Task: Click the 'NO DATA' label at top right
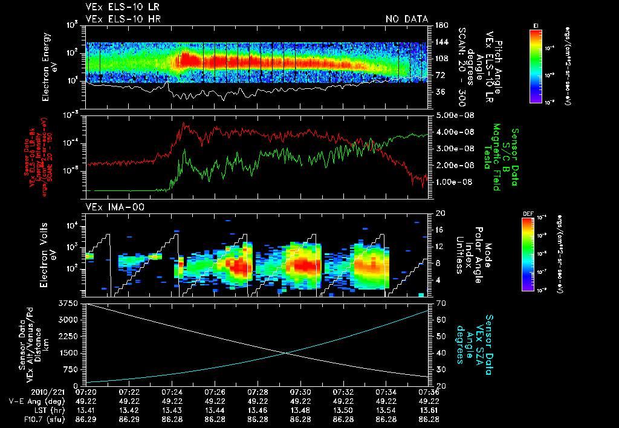[x=407, y=19]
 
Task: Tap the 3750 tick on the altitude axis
[x=68, y=302]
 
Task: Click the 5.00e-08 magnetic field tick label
[x=450, y=115]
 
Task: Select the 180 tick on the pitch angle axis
[x=440, y=25]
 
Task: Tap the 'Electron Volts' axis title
[x=47, y=254]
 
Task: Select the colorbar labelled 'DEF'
[x=536, y=254]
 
